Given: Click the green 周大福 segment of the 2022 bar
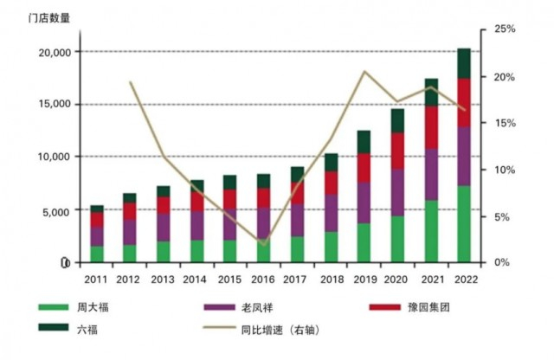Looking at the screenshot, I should coord(463,224).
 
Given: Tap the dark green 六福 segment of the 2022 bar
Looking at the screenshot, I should coord(463,63).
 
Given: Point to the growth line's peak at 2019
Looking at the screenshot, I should coord(364,72).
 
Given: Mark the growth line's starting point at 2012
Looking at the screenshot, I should coord(130,82).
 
